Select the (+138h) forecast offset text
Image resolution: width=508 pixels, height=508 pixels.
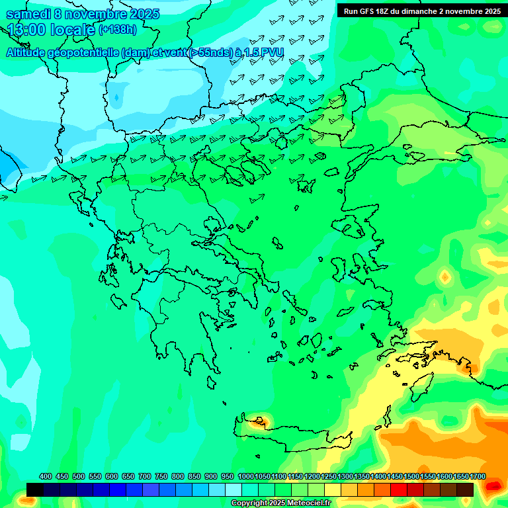pos(117,30)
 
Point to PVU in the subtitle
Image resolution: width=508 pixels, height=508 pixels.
pos(271,53)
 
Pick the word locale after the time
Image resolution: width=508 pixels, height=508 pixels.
pos(73,30)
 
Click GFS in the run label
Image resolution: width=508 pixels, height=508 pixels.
pos(368,11)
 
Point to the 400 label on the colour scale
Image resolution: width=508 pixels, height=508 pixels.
pos(46,476)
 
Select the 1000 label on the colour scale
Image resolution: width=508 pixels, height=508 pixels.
pos(245,476)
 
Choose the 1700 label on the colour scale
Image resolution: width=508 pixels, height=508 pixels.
pos(477,476)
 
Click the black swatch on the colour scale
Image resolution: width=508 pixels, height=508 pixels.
pos(35,489)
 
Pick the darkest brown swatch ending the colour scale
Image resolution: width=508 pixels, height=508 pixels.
pos(465,489)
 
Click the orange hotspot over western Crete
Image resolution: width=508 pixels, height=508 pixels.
pos(259,420)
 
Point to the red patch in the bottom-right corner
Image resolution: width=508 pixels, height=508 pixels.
pos(493,486)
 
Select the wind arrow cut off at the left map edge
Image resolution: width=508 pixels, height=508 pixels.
pos(3,197)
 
